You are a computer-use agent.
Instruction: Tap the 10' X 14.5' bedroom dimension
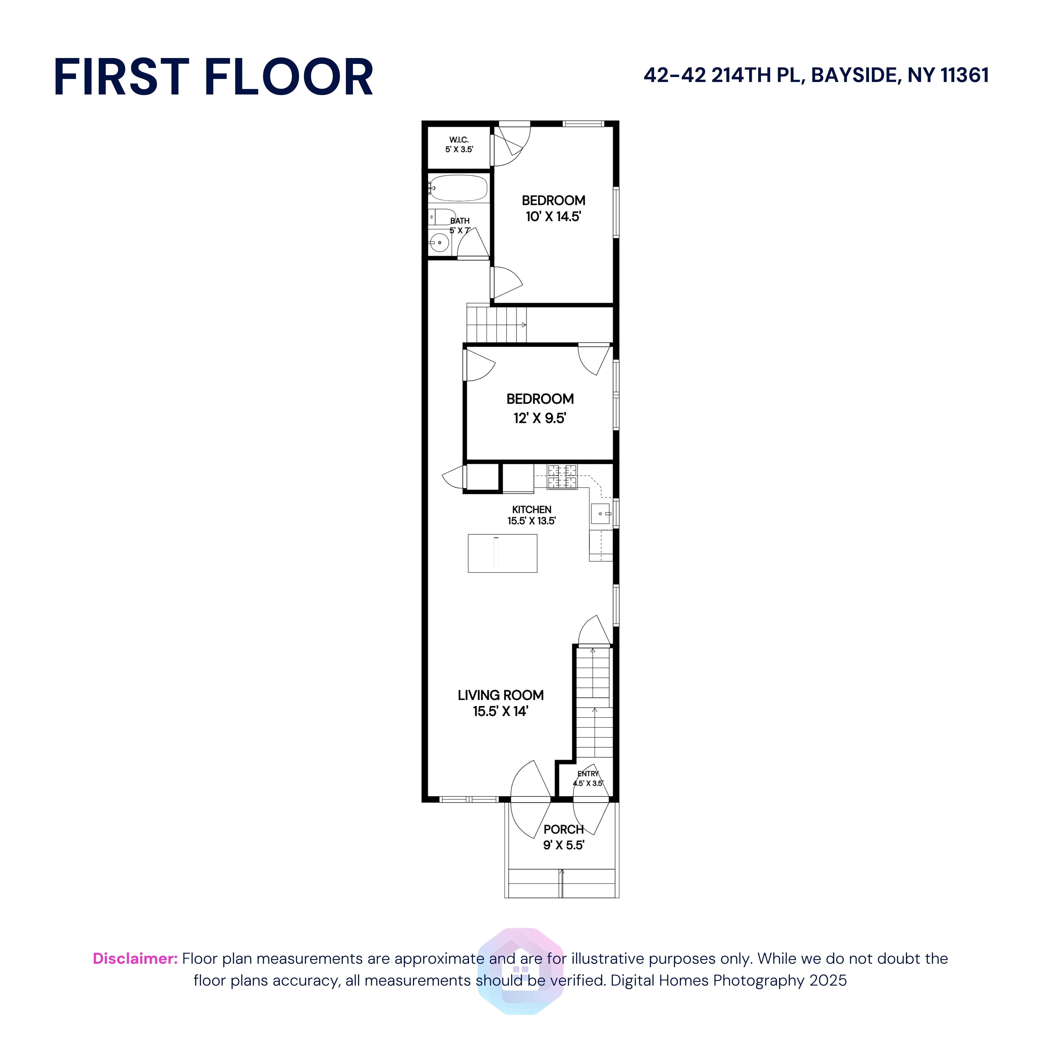click(553, 217)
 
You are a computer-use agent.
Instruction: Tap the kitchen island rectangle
click(502, 553)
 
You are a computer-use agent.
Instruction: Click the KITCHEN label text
click(531, 509)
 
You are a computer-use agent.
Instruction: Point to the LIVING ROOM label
click(500, 695)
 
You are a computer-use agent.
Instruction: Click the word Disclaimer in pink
click(135, 959)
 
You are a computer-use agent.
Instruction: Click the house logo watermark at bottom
click(520, 971)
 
